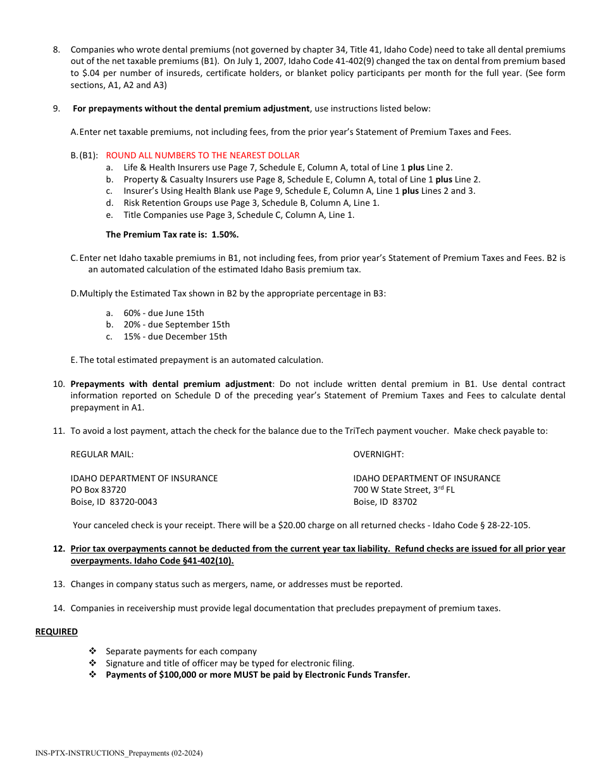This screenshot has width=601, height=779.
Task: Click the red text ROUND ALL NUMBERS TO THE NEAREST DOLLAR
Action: [202, 155]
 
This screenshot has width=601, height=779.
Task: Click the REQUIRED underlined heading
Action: [56, 631]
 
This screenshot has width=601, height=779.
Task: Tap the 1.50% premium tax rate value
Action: [225, 234]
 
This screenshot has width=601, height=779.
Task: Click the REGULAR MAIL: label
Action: [102, 454]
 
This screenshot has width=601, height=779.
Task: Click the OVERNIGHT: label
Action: [378, 454]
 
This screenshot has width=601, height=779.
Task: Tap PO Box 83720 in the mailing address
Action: [98, 490]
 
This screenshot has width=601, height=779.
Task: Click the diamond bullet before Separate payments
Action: [92, 651]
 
